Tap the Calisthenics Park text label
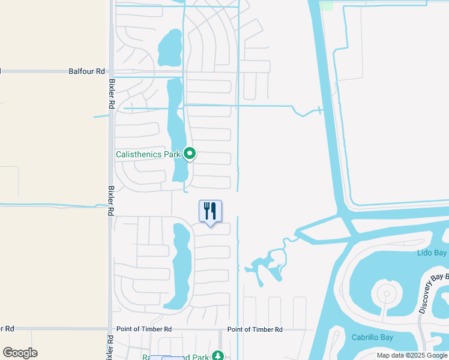click(148, 154)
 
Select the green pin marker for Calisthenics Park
click(190, 154)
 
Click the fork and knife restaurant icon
click(210, 211)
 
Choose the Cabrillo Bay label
click(372, 337)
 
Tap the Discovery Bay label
click(433, 293)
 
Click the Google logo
click(20, 353)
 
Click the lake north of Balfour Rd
click(170, 47)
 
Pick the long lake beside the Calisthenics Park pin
click(176, 129)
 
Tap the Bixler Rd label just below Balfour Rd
click(111, 94)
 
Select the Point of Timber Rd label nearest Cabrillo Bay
click(255, 329)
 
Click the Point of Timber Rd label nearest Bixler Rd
click(144, 329)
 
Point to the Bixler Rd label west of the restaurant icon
click(110, 200)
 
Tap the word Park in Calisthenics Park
click(172, 154)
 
